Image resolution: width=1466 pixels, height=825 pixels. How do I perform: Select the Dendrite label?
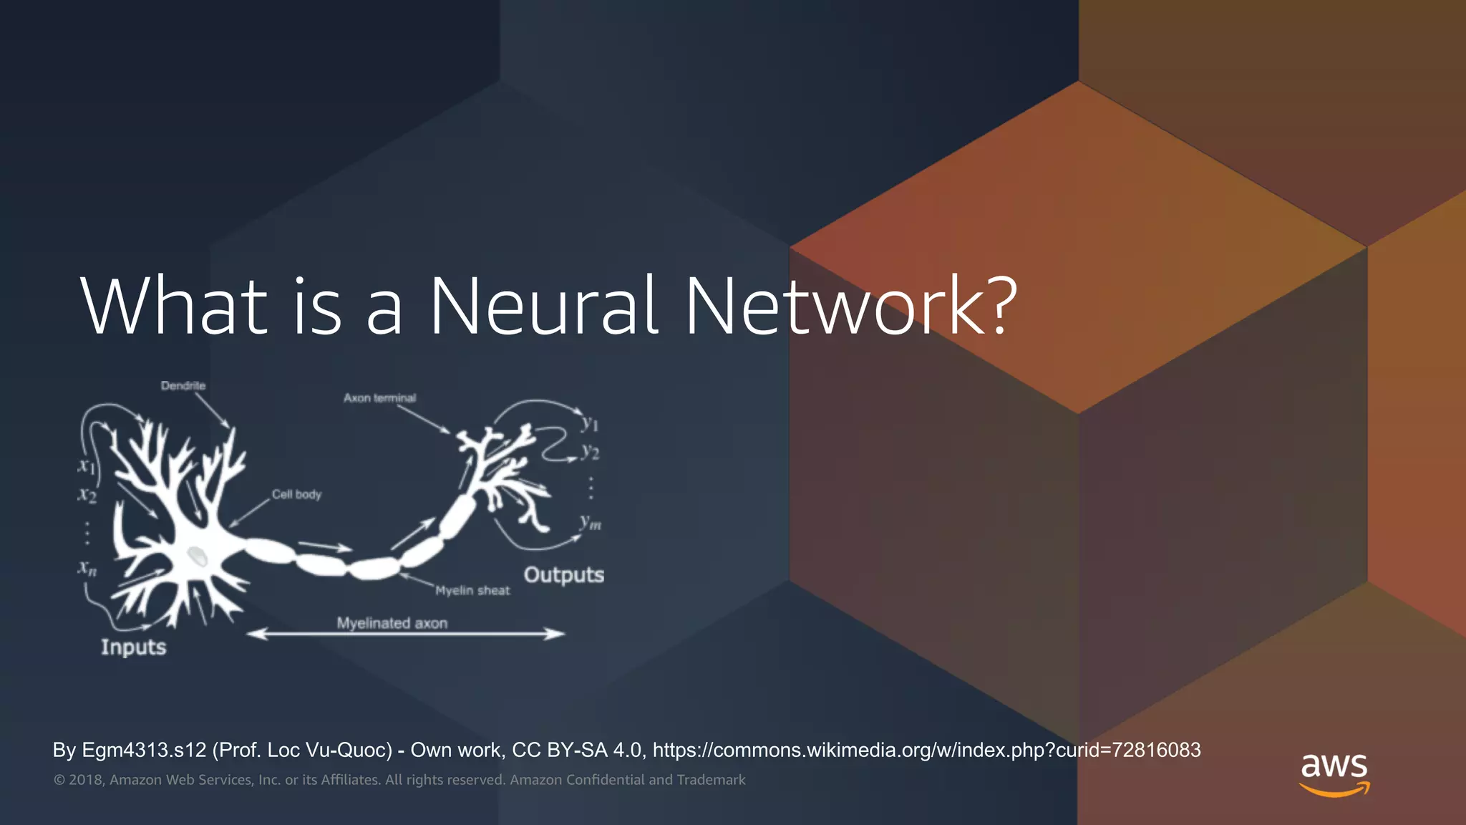click(x=183, y=385)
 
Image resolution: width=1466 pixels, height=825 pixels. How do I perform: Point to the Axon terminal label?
click(x=379, y=397)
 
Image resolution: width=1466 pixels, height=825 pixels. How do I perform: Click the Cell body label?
click(x=296, y=494)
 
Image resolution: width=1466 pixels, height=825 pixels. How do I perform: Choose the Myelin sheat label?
click(x=472, y=590)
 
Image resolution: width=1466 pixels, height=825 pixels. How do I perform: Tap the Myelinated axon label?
click(x=392, y=622)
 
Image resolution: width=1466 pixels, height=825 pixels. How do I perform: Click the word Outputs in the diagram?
click(x=563, y=574)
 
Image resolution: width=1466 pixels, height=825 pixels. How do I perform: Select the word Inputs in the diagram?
click(x=133, y=647)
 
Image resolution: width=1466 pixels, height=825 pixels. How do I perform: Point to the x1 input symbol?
click(x=86, y=465)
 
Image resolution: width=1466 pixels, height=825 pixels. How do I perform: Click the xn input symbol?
click(x=87, y=569)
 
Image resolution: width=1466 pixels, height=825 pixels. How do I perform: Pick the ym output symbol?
click(x=591, y=522)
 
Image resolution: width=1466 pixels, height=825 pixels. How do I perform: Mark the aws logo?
click(x=1334, y=773)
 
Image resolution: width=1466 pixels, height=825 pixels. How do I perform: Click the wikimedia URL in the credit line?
click(x=926, y=750)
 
